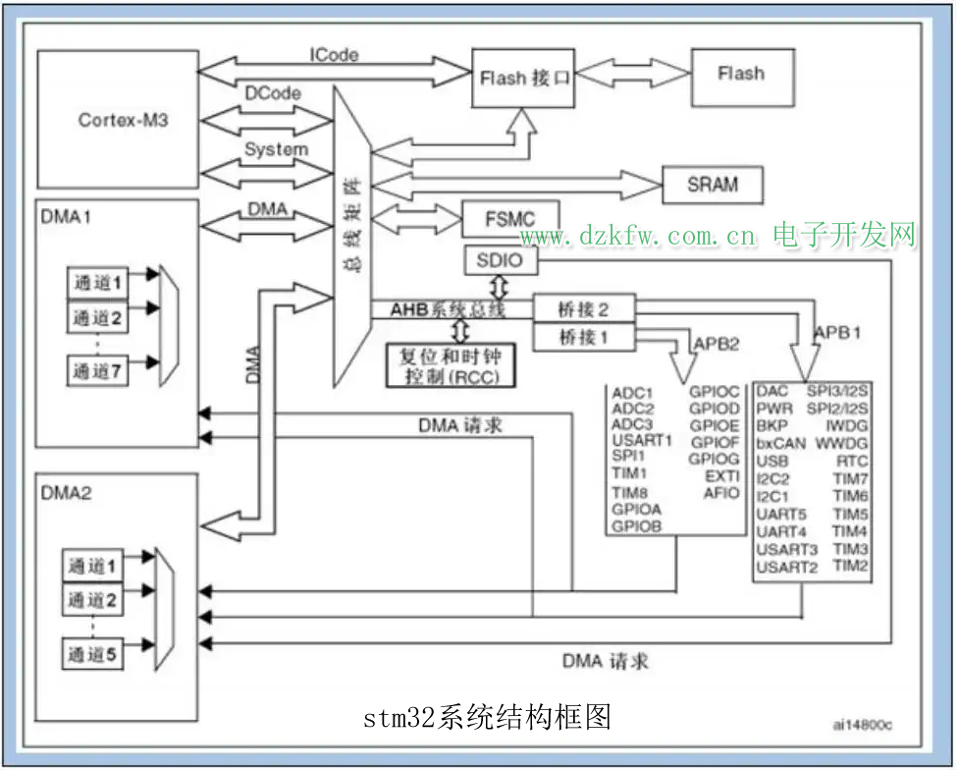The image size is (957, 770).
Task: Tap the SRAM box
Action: click(x=713, y=184)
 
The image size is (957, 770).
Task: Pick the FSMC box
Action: click(x=510, y=219)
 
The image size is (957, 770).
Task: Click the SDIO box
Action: click(x=500, y=261)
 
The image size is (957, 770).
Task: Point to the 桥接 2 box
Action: click(x=584, y=309)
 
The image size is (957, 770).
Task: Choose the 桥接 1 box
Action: click(x=584, y=337)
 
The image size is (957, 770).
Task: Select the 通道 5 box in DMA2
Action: click(x=95, y=653)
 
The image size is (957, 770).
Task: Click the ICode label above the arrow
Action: click(x=334, y=55)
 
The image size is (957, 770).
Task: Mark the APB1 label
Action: click(x=837, y=332)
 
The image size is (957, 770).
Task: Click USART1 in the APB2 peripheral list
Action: click(x=641, y=440)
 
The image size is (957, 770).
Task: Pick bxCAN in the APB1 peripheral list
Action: click(x=780, y=443)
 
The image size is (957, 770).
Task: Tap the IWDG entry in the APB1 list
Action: click(x=847, y=426)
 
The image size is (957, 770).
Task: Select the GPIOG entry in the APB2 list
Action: click(x=715, y=458)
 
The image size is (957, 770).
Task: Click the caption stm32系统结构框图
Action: click(x=487, y=717)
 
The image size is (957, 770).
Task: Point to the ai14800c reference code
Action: click(x=864, y=725)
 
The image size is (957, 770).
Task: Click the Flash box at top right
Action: click(x=741, y=74)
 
